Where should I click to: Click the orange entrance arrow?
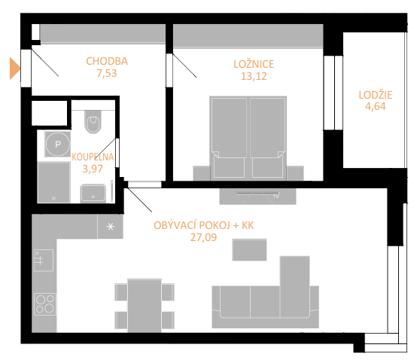[x=14, y=69]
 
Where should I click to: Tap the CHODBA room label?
[x=107, y=61]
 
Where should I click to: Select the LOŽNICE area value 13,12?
[x=254, y=76]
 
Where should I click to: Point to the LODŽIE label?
[x=376, y=95]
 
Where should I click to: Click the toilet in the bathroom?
[x=93, y=121]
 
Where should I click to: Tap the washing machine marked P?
[x=58, y=144]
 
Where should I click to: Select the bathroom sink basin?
[x=93, y=193]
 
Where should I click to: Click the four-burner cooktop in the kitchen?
[x=45, y=304]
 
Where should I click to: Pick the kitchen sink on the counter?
[x=44, y=261]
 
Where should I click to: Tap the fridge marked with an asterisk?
[x=111, y=227]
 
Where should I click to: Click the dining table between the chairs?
[x=145, y=306]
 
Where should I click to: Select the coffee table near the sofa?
[x=249, y=250]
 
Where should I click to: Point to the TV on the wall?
[x=257, y=194]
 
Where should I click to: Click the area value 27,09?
[x=203, y=237]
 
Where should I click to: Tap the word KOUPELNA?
[x=93, y=157]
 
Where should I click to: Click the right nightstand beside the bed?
[x=295, y=173]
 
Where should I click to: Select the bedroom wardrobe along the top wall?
[x=248, y=36]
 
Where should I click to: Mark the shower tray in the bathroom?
[x=54, y=183]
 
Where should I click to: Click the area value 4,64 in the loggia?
[x=375, y=106]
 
